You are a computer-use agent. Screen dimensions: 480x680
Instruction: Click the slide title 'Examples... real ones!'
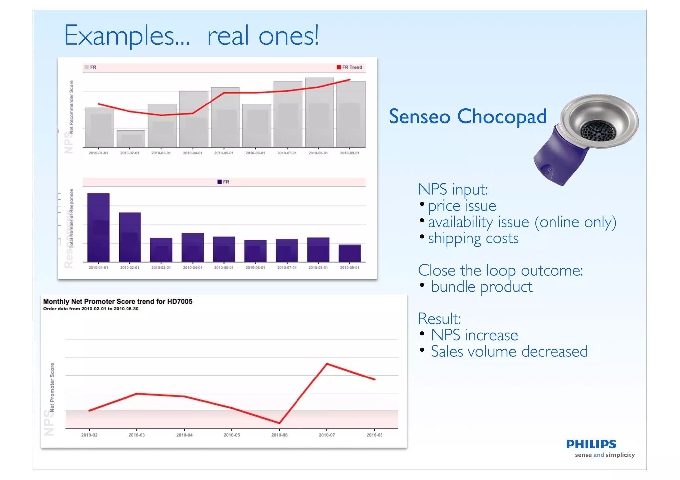pyautogui.click(x=191, y=36)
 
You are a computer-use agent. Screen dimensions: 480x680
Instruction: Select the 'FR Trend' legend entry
pyautogui.click(x=349, y=67)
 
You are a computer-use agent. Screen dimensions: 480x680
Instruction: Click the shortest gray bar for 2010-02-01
pyautogui.click(x=131, y=139)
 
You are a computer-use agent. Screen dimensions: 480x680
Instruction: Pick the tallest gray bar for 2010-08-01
pyautogui.click(x=319, y=113)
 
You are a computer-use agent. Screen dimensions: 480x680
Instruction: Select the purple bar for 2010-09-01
pyautogui.click(x=350, y=253)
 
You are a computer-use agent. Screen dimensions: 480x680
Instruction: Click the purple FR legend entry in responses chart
pyautogui.click(x=223, y=182)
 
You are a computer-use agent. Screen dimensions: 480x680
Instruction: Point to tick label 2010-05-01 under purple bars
pyautogui.click(x=224, y=268)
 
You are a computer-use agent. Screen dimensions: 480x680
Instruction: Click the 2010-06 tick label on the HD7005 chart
pyautogui.click(x=279, y=435)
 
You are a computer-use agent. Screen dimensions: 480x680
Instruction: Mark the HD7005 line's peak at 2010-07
pyautogui.click(x=327, y=364)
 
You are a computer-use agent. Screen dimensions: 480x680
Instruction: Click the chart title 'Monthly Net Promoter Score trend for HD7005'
pyautogui.click(x=118, y=301)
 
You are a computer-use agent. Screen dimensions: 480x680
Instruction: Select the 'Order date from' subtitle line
pyautogui.click(x=91, y=309)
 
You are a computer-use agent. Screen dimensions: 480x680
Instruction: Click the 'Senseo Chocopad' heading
pyautogui.click(x=467, y=116)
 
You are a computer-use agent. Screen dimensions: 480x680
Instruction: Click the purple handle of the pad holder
pyautogui.click(x=558, y=159)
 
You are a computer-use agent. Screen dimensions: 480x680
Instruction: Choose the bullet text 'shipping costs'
pyautogui.click(x=473, y=238)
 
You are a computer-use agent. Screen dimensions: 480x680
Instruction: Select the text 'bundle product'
pyautogui.click(x=481, y=287)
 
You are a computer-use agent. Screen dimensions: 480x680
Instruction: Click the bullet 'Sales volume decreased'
pyautogui.click(x=509, y=351)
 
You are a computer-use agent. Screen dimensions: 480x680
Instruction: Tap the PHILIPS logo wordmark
pyautogui.click(x=591, y=444)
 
